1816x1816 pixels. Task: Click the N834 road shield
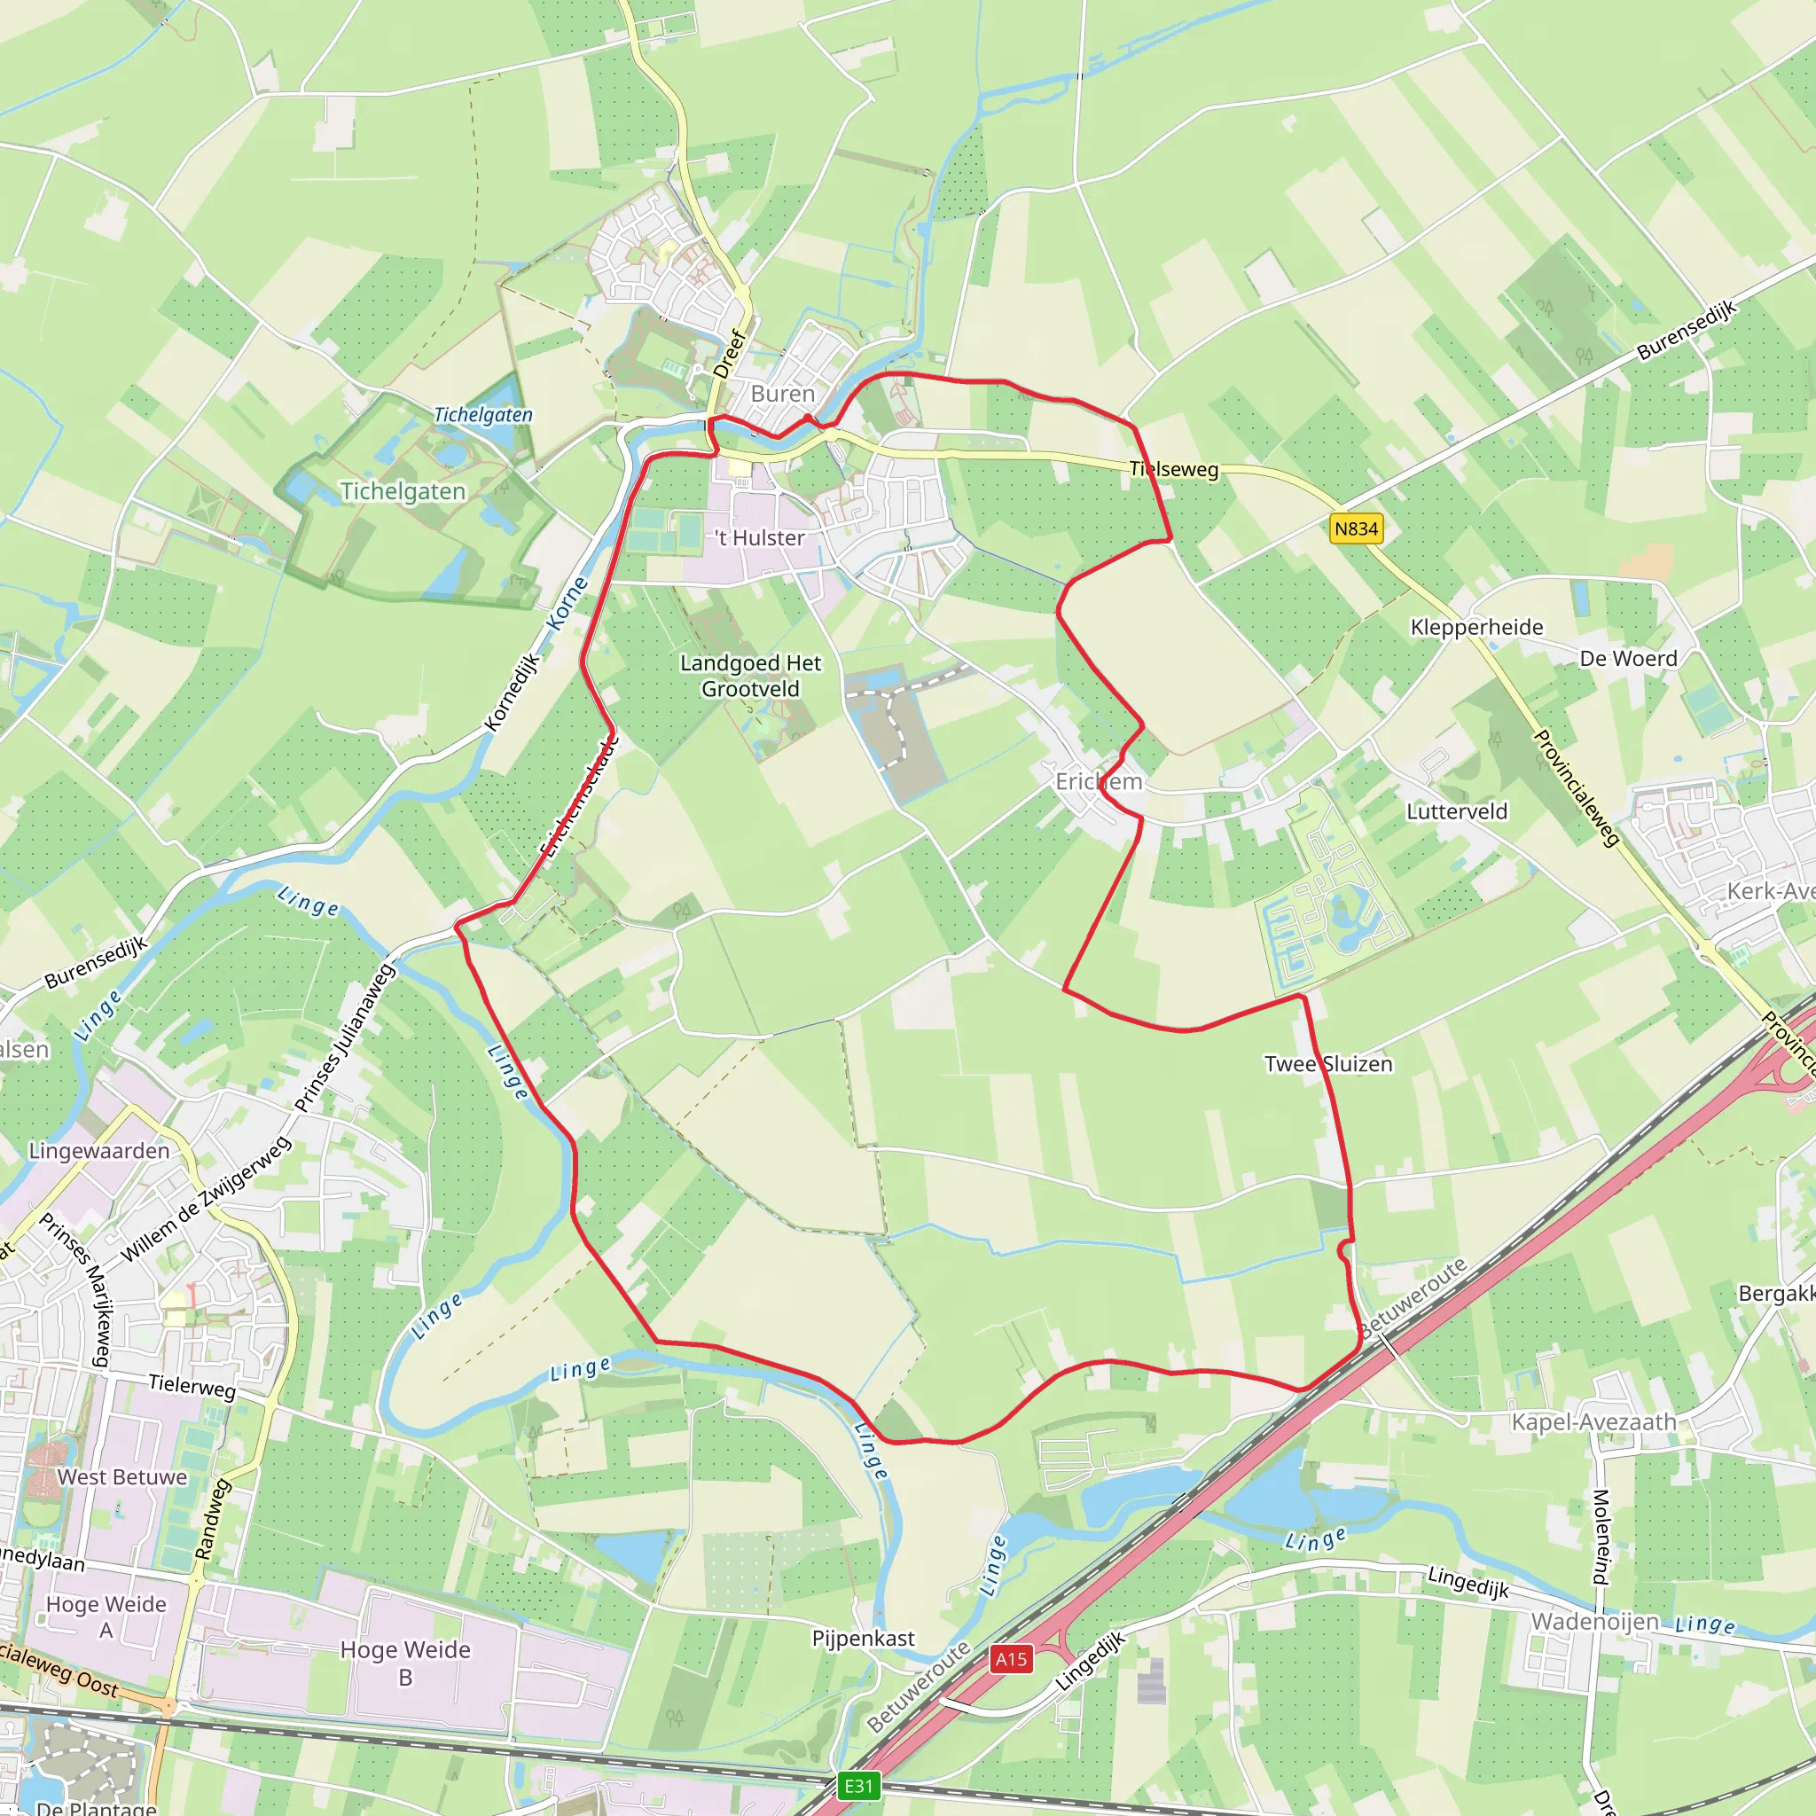click(1356, 529)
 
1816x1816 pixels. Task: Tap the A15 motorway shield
click(1011, 1659)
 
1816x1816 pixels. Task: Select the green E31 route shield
click(858, 1786)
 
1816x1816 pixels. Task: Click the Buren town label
click(782, 394)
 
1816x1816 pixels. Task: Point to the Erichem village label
click(1098, 782)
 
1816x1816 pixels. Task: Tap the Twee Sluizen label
click(1327, 1064)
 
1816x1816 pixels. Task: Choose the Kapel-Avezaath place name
click(1593, 1422)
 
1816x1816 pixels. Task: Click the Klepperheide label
click(1475, 627)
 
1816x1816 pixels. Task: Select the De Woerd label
click(1628, 658)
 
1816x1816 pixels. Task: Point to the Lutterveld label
click(1456, 811)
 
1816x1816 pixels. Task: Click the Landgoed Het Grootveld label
click(750, 676)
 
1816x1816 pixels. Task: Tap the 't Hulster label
click(760, 537)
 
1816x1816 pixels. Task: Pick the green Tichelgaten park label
click(403, 491)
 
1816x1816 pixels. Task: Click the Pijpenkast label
click(863, 1640)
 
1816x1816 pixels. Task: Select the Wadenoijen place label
click(1594, 1622)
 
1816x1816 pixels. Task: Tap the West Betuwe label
click(122, 1476)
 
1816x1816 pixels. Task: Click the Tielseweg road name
click(1173, 469)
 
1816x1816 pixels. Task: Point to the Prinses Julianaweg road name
click(343, 1037)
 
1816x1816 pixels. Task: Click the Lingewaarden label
click(98, 1150)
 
